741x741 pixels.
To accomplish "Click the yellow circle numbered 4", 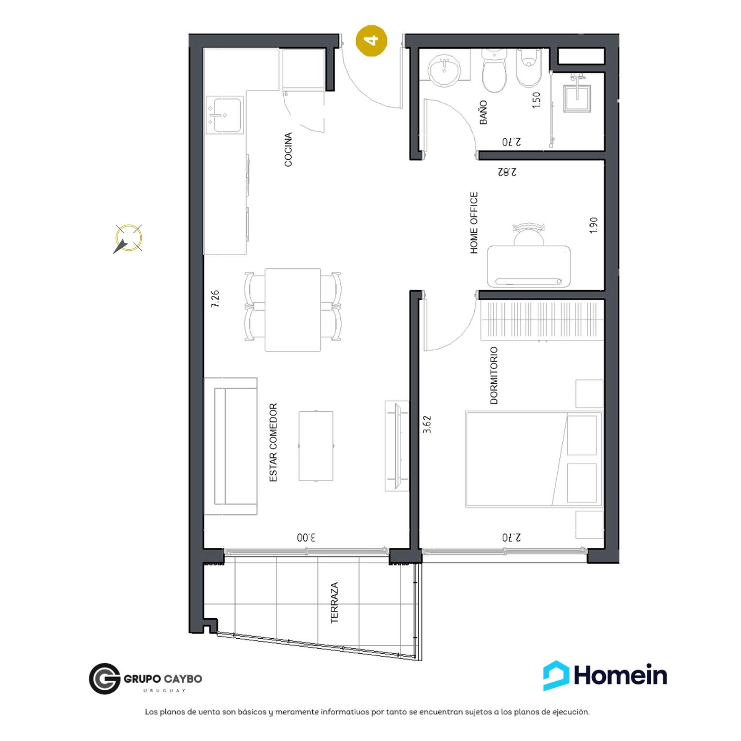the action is pos(372,40).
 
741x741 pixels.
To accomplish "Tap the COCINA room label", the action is pos(288,150).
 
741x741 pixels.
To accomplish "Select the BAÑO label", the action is pos(483,112).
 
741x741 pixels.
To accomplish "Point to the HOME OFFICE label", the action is pos(474,223).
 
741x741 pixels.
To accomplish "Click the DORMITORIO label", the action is pos(494,375).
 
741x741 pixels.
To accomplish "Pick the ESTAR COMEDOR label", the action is pos(273,442).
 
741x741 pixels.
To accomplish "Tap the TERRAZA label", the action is pos(334,602).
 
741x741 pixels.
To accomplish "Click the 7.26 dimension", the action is pos(215,299).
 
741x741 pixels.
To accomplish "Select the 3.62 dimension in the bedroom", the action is pos(427,424).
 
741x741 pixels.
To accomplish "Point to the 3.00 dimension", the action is pos(306,537).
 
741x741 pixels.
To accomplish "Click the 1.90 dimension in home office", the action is pos(593,225).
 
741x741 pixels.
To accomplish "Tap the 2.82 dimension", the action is pos(507,172).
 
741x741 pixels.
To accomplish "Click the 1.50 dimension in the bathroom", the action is pos(536,100).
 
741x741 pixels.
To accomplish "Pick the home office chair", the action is pos(529,234).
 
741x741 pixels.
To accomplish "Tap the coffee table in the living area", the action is pos(315,446).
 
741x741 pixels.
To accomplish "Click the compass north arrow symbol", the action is pos(129,238).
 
